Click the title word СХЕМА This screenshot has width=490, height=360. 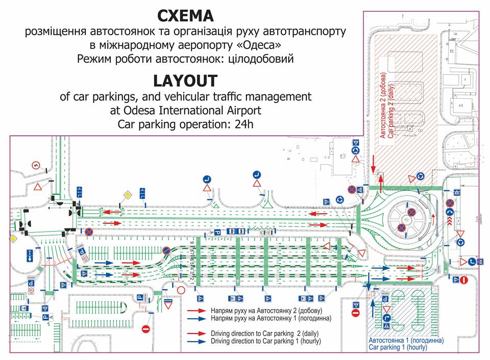[x=185, y=15]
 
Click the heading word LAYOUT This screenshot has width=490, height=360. [x=185, y=81]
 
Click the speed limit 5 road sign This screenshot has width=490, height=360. [x=35, y=164]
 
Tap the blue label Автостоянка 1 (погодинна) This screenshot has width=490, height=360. [x=405, y=340]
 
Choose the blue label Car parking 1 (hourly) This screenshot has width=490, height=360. [x=398, y=347]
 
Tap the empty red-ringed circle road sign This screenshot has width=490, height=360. [x=181, y=290]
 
